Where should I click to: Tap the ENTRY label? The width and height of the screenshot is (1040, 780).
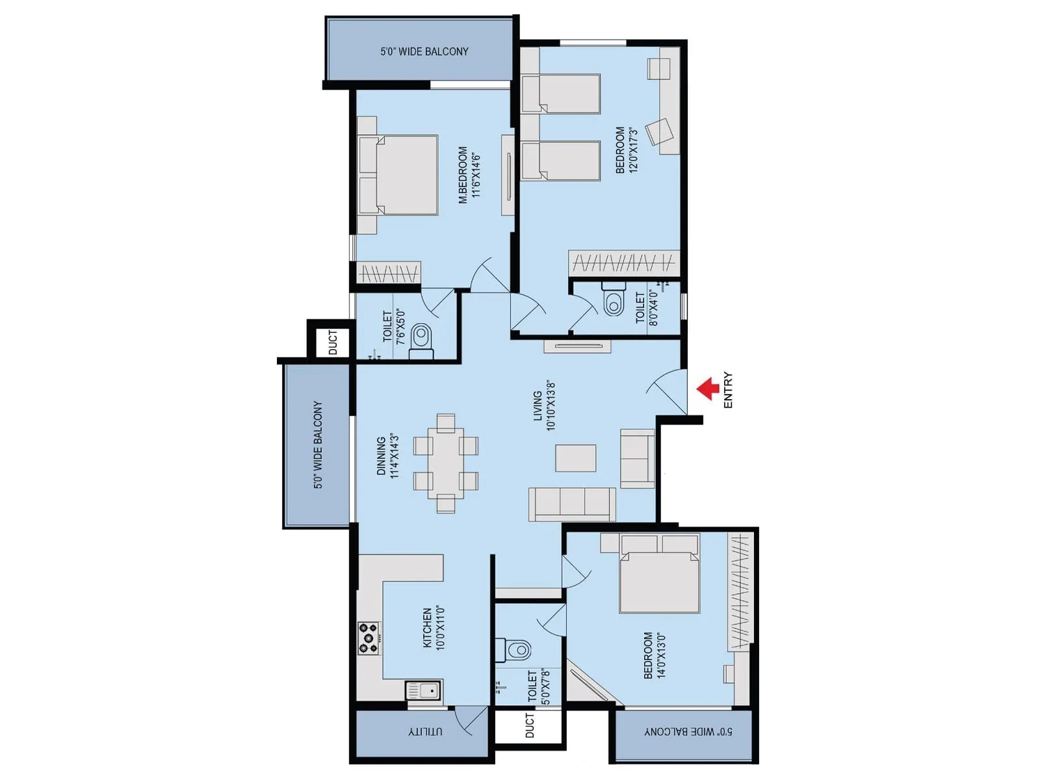(x=727, y=390)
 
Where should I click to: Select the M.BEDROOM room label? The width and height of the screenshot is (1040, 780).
(x=463, y=175)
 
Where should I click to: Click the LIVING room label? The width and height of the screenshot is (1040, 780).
(x=538, y=406)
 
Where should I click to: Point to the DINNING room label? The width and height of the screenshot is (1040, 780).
(x=382, y=456)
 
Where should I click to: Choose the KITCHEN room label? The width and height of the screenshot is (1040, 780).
(x=428, y=628)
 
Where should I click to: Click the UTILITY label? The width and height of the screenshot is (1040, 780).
(x=425, y=731)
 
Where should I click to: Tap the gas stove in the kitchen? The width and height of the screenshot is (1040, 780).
(x=369, y=638)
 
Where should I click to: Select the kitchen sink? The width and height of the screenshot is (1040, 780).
(x=424, y=690)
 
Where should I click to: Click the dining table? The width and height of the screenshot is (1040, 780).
(x=446, y=463)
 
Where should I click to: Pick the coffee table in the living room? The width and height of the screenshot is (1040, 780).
(x=575, y=458)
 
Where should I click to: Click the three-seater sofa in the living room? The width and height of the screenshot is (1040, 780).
(x=572, y=504)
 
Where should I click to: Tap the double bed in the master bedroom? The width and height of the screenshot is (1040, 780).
(x=398, y=175)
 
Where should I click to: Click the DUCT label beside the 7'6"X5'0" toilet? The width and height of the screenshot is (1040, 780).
(x=333, y=343)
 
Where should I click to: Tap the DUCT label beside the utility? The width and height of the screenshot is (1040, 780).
(x=530, y=725)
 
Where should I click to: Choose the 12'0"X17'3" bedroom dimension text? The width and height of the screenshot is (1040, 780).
(x=634, y=150)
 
